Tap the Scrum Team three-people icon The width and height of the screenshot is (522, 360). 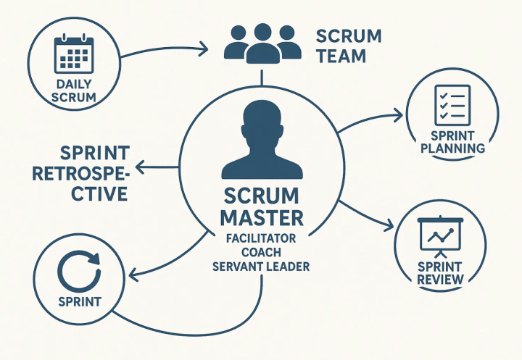(x=262, y=43)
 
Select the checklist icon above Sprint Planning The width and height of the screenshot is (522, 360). (x=452, y=105)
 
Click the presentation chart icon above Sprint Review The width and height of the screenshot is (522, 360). (x=440, y=237)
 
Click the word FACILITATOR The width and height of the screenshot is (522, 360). (x=261, y=238)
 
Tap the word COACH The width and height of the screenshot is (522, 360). (x=261, y=252)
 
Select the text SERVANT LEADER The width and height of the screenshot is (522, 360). (x=261, y=267)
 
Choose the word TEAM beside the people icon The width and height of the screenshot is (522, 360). (x=341, y=56)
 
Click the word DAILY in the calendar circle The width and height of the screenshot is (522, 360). (x=73, y=84)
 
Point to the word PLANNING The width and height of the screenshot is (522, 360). (x=452, y=148)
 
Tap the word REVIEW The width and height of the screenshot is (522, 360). (x=440, y=280)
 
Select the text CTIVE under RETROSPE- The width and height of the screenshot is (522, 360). (x=99, y=193)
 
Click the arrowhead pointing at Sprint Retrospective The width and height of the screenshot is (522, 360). (x=140, y=167)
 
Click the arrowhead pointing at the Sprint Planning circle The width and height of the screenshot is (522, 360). (x=398, y=114)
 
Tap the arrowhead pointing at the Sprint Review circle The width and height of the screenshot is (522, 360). (x=389, y=225)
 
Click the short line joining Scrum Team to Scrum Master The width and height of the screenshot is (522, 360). (x=262, y=78)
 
